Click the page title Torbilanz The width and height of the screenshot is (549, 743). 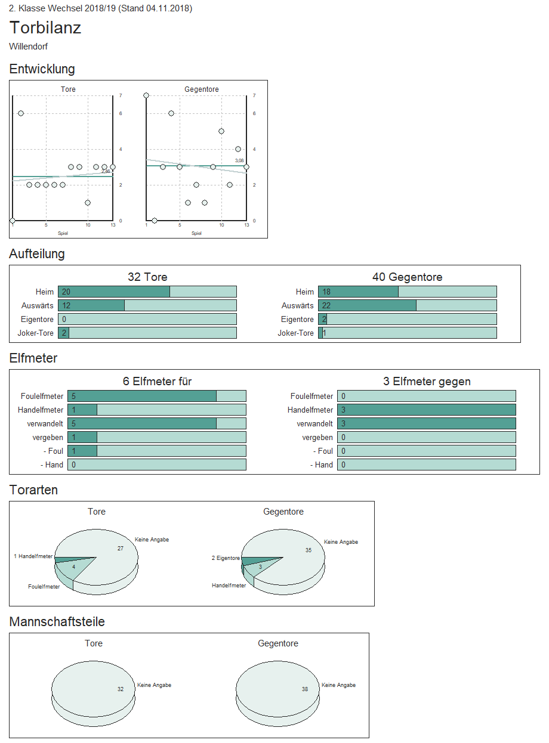[45, 28]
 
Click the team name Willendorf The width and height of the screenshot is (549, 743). [29, 47]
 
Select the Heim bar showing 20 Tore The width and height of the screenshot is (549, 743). [114, 292]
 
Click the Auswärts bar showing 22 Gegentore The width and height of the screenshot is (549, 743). [367, 305]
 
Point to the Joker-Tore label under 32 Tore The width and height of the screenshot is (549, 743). [37, 333]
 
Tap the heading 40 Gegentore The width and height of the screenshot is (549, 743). [407, 277]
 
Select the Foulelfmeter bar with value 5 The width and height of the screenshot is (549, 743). [142, 396]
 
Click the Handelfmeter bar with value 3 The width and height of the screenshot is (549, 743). [426, 410]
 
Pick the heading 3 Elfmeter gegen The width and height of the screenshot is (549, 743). [427, 382]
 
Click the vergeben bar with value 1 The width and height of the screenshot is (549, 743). [82, 437]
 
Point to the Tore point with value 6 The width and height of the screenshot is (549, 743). [21, 113]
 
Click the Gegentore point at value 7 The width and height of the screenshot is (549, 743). [146, 95]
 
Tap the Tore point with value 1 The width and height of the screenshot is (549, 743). [88, 203]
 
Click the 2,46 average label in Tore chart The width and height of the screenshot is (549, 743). [106, 171]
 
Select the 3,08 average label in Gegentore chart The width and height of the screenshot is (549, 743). [239, 160]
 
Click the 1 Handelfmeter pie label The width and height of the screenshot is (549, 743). [33, 556]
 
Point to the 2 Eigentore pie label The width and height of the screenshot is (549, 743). [226, 558]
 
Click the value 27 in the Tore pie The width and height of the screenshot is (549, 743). [121, 548]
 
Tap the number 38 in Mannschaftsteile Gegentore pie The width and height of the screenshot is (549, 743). [305, 689]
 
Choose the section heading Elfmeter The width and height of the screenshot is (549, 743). [33, 358]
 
